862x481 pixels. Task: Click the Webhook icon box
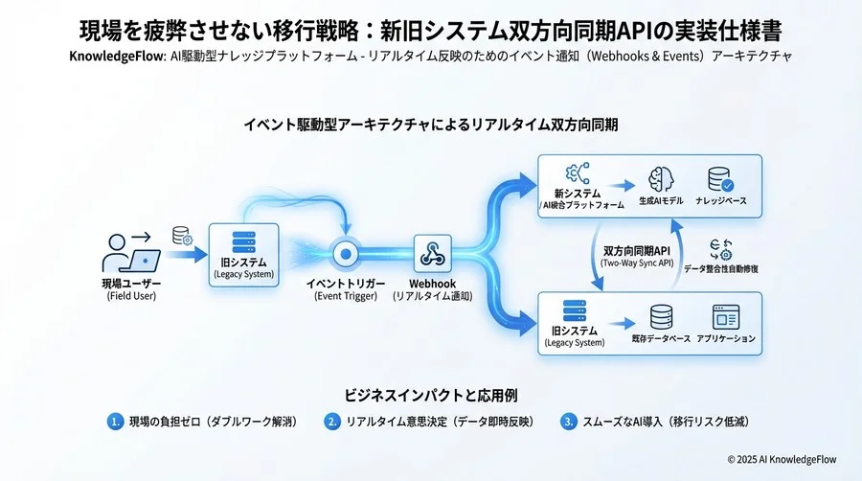431,255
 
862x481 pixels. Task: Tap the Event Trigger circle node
345,255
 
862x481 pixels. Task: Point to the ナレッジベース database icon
719,179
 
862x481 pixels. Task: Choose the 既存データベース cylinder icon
661,317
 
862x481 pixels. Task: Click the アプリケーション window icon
724,317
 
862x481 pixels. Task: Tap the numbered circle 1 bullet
115,421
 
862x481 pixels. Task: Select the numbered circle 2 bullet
332,421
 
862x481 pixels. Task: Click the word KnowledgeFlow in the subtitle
115,56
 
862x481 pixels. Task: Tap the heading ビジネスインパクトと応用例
431,394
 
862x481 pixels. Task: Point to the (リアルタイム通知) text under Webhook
431,297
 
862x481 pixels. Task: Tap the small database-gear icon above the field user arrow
181,235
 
